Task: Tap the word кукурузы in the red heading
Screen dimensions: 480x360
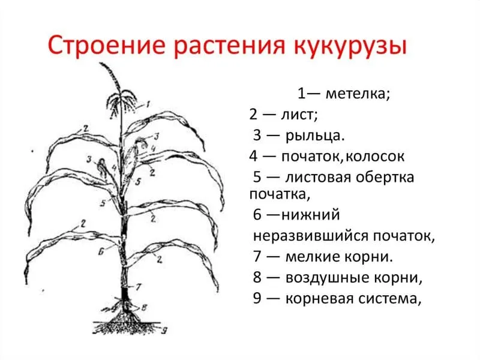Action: tap(351, 47)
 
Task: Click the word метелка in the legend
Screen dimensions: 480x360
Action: tap(358, 94)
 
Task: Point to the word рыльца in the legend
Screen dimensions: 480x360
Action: tap(315, 136)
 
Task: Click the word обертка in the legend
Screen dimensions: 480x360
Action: tap(384, 177)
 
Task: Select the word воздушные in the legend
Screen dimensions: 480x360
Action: tap(327, 278)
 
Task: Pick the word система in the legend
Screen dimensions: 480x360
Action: tap(389, 299)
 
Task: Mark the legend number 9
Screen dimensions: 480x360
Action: tap(257, 298)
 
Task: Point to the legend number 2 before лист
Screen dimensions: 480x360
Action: tap(253, 115)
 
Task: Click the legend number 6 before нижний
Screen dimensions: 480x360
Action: tap(257, 215)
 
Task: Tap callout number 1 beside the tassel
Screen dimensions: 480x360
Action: tap(148, 104)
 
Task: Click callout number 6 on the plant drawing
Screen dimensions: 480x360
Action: tap(101, 252)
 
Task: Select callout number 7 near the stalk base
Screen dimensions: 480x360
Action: tap(139, 287)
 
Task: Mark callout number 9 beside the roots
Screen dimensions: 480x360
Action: tap(164, 331)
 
